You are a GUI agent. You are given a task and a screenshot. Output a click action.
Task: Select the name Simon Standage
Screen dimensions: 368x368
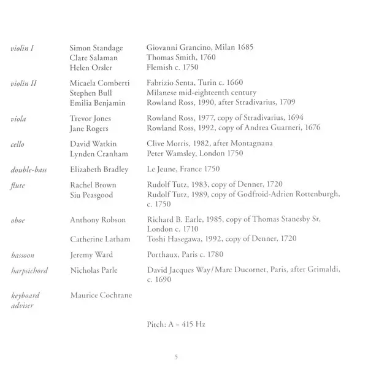click(x=96, y=48)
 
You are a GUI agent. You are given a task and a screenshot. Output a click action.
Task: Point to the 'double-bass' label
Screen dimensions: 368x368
click(x=28, y=168)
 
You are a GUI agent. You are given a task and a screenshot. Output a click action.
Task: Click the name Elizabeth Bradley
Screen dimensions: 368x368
click(x=99, y=168)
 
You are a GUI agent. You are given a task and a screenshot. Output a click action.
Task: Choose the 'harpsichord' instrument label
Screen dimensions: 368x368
click(x=29, y=270)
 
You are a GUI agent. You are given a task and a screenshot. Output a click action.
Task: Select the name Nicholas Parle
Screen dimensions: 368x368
click(x=94, y=270)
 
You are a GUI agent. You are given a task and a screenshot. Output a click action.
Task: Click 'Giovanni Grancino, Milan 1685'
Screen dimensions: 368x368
click(x=201, y=48)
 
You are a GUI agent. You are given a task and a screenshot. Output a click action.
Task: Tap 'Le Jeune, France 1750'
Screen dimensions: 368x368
click(x=183, y=168)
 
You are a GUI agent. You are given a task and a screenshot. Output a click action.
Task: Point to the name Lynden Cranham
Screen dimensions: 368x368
click(x=98, y=152)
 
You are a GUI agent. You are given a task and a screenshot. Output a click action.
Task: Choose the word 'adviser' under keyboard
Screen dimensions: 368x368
click(x=23, y=305)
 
